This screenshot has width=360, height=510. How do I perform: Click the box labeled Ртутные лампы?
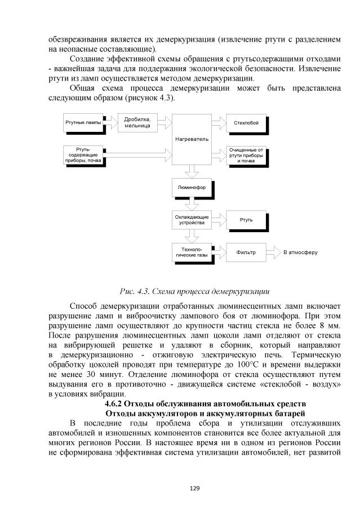point(83,122)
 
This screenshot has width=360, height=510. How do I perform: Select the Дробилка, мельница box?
point(138,122)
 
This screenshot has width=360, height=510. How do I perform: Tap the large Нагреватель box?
point(192,139)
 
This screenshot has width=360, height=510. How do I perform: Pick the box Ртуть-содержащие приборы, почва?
point(83,154)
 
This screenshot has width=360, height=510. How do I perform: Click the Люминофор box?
point(192,187)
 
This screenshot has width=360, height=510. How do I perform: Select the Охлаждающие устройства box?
point(192,219)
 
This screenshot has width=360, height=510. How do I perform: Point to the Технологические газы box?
point(192,252)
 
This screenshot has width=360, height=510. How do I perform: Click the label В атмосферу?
point(300,252)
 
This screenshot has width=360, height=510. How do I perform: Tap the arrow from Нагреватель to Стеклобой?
point(219,122)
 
